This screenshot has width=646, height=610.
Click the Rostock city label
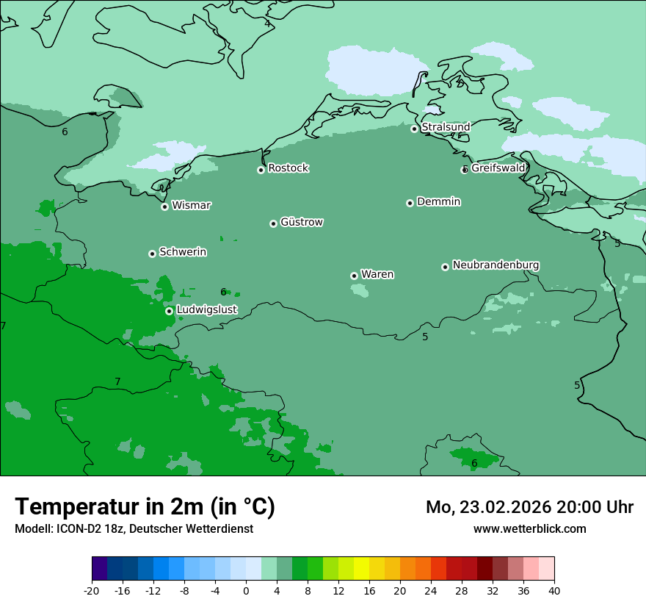coord(288,168)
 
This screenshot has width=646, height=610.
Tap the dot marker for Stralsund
coord(414,129)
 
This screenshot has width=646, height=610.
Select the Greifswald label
coord(498,168)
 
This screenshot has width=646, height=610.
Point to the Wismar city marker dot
coord(164,207)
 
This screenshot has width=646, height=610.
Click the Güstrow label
coord(301,222)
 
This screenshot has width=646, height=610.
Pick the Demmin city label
coord(438,201)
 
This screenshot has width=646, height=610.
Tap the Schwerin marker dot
coord(152,254)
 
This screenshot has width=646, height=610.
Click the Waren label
coord(377,274)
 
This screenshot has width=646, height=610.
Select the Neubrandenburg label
coord(496,265)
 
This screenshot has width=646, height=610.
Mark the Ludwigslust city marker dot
coord(169,311)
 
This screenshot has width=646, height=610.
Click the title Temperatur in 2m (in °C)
coord(145,506)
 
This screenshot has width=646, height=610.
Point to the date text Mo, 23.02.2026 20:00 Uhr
coord(529,507)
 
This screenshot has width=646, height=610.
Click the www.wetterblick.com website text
coord(529,528)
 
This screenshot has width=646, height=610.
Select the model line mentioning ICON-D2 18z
coord(134,528)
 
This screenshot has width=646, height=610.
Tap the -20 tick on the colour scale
coord(92,590)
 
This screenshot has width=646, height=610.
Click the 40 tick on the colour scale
coord(554,590)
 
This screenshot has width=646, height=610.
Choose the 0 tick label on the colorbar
coord(246,590)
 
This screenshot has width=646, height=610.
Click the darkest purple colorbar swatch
coord(100,569)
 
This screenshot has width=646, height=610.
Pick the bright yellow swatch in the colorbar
coord(362,569)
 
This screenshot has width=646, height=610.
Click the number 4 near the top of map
coord(267,24)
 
